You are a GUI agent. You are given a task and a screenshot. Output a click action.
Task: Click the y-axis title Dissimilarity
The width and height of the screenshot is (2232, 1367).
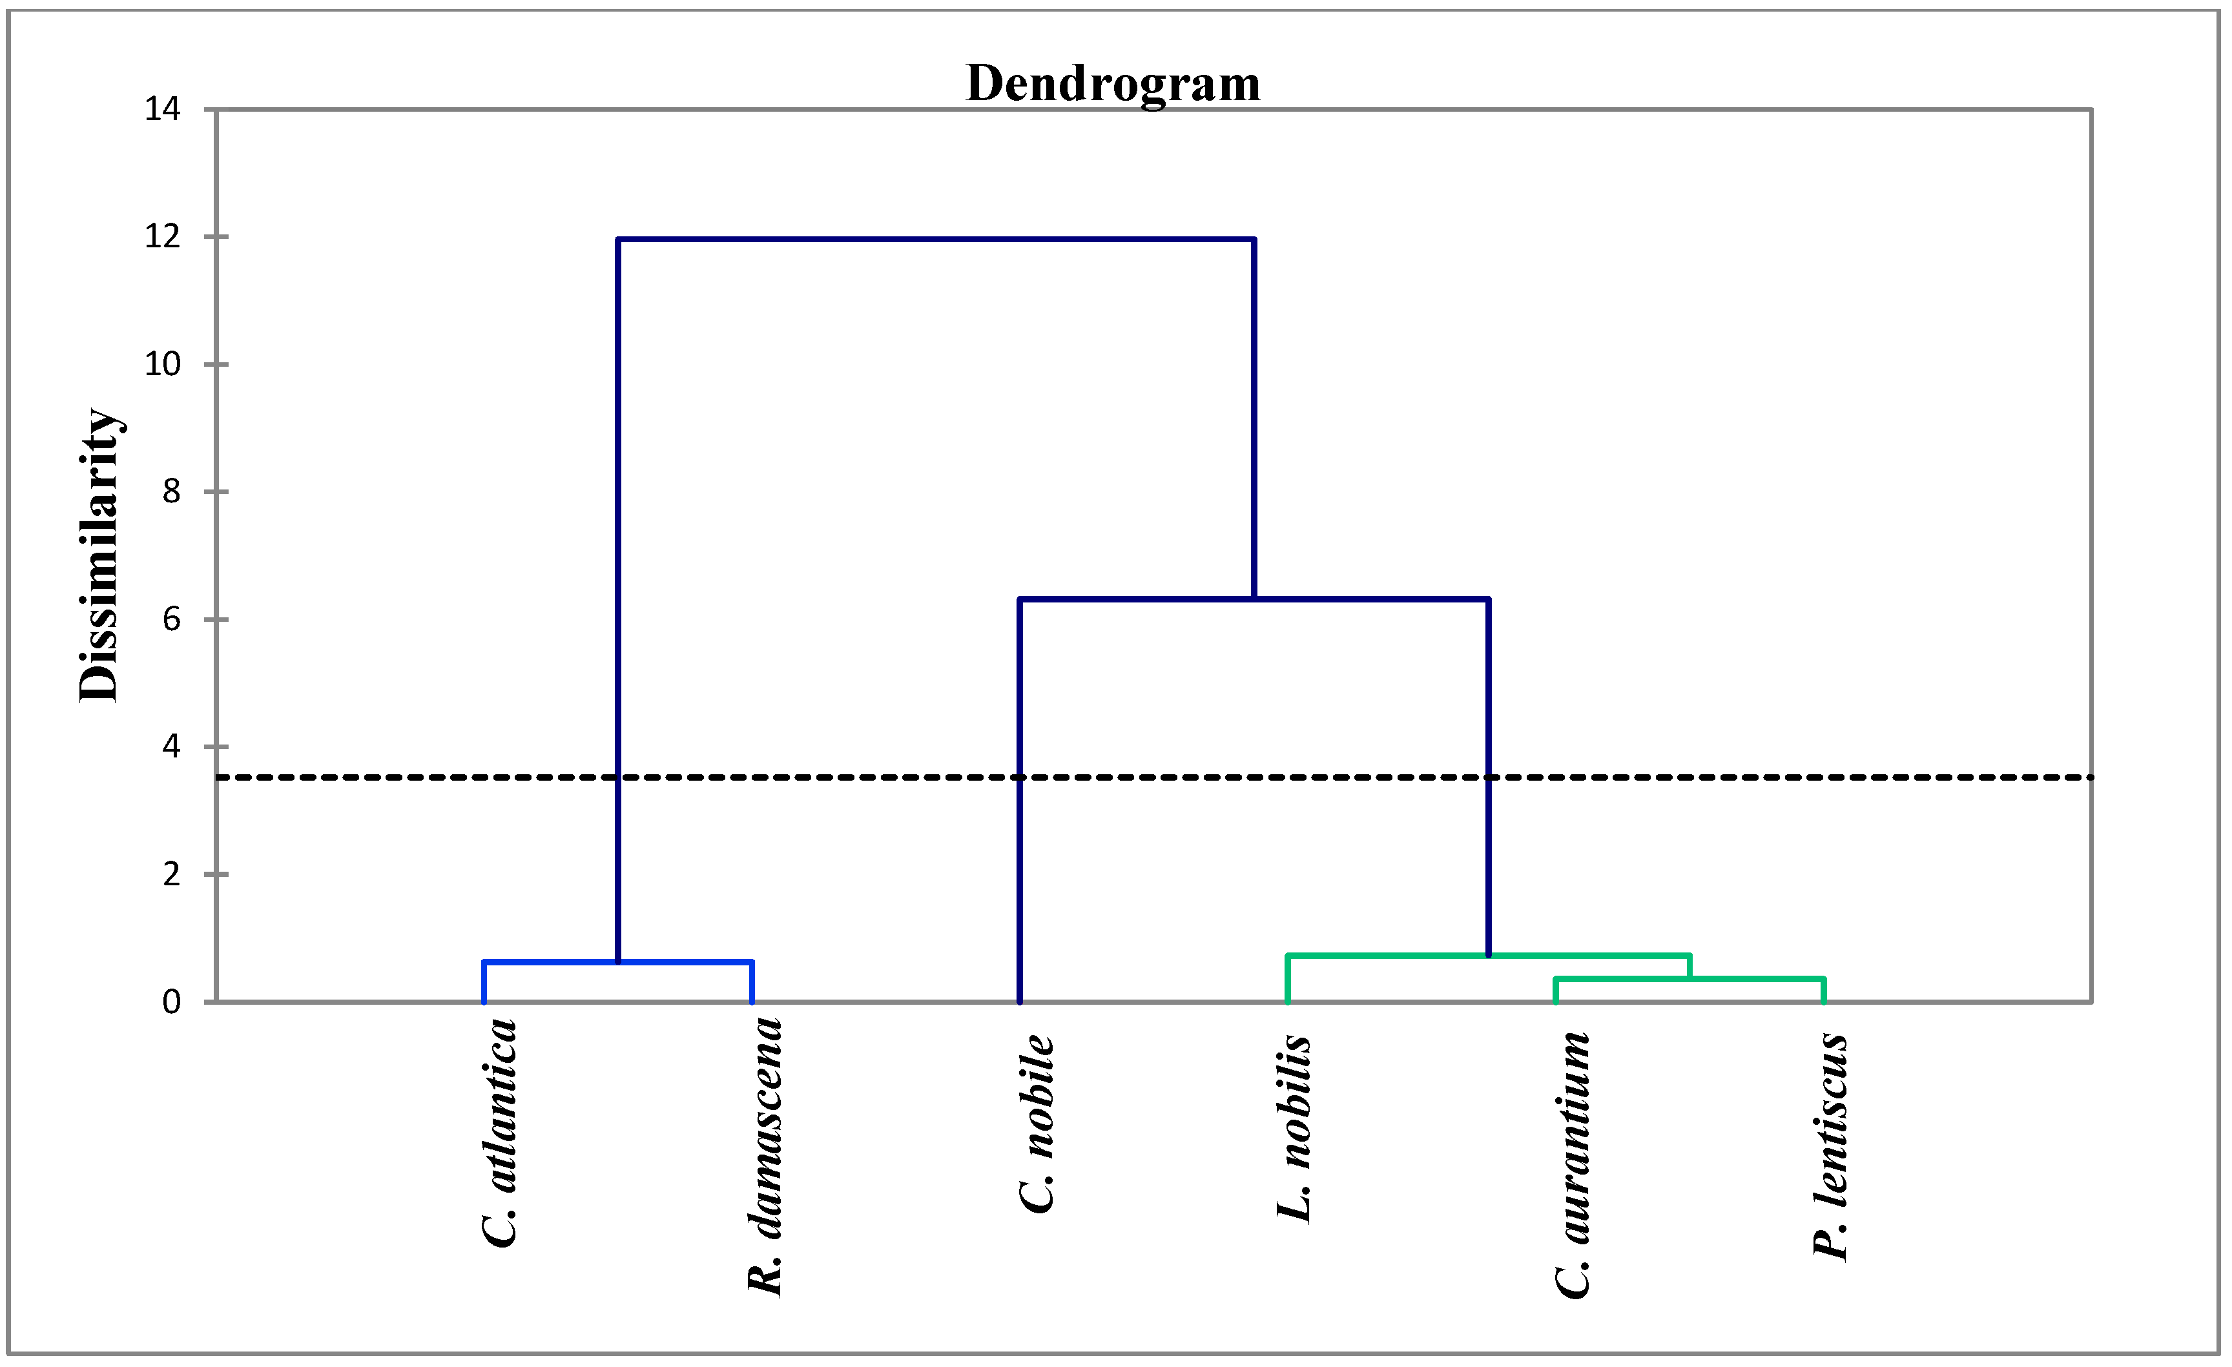99,555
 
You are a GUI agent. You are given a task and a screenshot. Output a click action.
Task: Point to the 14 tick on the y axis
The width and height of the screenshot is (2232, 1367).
163,110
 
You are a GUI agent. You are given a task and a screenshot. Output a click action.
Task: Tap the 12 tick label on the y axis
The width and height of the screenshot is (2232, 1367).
163,238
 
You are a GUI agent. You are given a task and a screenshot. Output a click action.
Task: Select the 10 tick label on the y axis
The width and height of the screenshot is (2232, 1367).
163,364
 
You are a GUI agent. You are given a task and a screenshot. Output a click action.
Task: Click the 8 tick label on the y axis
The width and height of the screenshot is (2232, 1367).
171,492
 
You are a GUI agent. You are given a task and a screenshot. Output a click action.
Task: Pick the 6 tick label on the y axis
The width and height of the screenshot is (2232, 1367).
171,620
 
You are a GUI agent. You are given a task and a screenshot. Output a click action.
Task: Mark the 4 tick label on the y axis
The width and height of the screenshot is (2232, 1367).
171,746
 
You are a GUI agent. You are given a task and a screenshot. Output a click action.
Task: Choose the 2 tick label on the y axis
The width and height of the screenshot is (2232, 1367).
171,874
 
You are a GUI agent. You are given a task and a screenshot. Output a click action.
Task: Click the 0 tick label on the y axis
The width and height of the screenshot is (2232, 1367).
171,1002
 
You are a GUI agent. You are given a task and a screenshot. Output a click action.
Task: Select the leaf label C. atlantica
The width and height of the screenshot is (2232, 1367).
499,1133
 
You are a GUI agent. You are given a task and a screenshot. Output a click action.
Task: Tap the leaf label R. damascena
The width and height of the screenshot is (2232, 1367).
765,1157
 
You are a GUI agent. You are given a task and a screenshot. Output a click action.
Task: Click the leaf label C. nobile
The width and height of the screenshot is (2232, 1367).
1037,1124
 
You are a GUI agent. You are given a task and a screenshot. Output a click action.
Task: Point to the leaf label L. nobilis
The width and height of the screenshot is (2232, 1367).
1294,1128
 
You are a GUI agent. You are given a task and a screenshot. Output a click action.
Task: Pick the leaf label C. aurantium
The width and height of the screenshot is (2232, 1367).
1573,1165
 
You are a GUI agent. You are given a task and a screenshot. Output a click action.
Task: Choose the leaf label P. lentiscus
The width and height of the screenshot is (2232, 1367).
1831,1146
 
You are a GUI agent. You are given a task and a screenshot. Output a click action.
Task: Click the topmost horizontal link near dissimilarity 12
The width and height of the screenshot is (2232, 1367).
936,240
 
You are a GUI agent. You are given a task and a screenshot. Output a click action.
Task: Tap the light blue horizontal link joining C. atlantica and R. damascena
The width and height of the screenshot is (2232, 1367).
618,962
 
